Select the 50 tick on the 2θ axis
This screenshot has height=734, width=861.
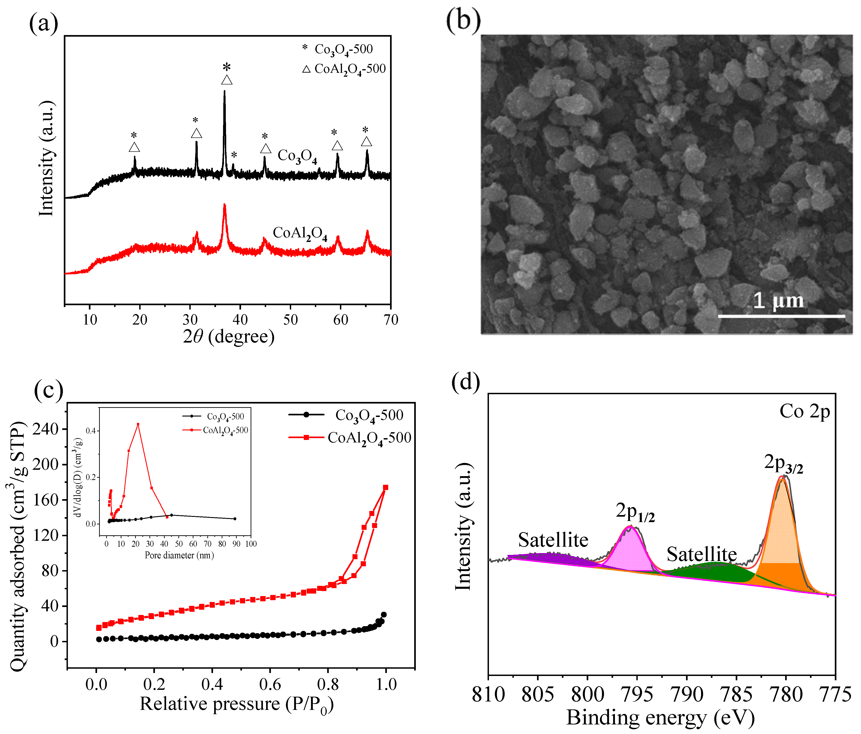[290, 320]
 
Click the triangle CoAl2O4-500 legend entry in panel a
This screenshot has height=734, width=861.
[344, 69]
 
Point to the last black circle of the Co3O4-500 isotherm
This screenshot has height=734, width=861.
[383, 615]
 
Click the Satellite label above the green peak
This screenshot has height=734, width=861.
[702, 554]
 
